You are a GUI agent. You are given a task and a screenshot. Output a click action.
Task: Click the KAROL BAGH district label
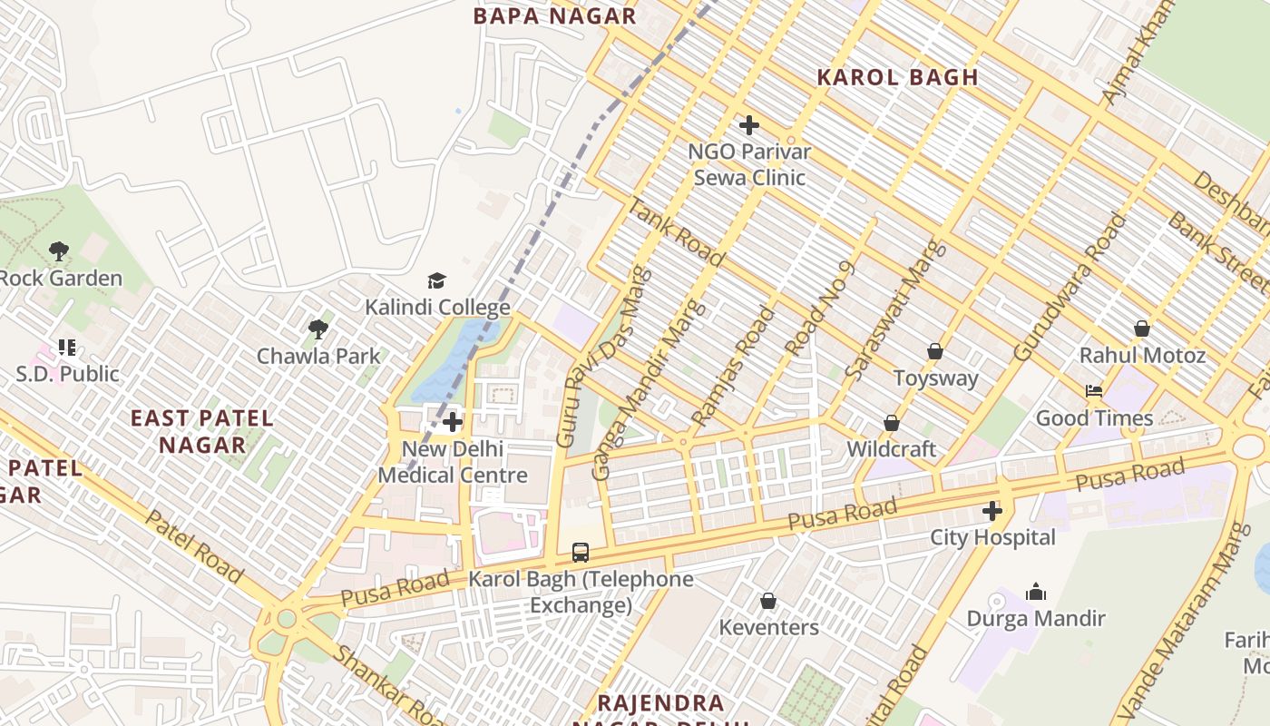pos(897,77)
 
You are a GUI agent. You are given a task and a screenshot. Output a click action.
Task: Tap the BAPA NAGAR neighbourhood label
pos(555,15)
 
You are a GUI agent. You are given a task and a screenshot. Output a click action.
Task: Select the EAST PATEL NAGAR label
pos(202,431)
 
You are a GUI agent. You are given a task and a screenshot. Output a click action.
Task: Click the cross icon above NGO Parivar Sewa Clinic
pos(749,125)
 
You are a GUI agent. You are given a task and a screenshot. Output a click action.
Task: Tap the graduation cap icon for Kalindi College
pos(437,280)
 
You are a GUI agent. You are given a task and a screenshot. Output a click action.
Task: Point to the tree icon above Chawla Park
pos(318,329)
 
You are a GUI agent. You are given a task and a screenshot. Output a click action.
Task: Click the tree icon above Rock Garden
pos(59,250)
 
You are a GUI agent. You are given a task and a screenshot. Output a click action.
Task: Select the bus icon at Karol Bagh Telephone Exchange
pos(581,552)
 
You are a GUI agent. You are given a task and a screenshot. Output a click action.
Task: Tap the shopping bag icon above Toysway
pos(935,351)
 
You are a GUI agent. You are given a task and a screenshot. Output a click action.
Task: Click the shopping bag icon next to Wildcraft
pos(892,423)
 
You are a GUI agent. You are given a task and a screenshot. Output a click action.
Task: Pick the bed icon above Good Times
pos(1094,391)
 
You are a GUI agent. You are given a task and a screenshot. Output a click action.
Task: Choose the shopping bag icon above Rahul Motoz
pos(1142,328)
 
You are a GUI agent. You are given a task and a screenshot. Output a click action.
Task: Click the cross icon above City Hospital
pos(992,511)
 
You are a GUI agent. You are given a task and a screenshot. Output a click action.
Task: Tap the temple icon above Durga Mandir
pos(1036,593)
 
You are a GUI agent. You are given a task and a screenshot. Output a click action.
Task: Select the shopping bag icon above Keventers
pos(768,601)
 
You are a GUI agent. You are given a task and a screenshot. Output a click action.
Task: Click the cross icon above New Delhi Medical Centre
pos(453,422)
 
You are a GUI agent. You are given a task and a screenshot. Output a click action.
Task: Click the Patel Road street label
pos(193,546)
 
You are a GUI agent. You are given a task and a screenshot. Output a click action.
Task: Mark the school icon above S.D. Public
pos(67,347)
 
